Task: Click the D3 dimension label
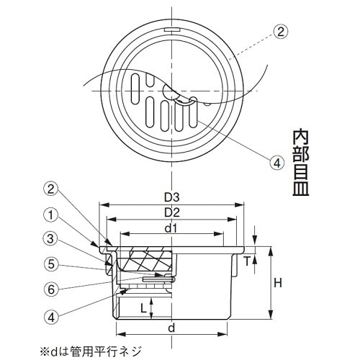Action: [171, 196]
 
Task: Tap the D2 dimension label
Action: [171, 212]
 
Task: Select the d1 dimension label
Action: [171, 229]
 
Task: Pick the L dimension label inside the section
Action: [144, 307]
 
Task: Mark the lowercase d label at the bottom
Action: [171, 328]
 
